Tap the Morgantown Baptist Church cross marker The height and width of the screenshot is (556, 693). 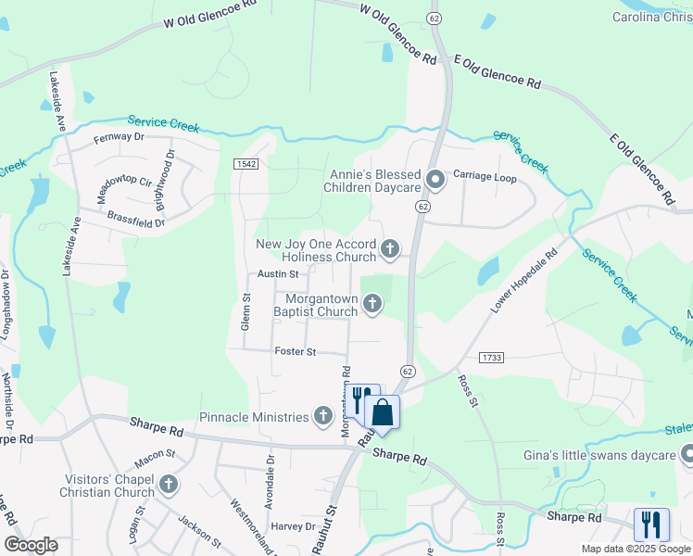click(x=372, y=303)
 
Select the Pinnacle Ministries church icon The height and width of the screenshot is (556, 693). click(x=323, y=414)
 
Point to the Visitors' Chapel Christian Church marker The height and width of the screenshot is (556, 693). click(x=169, y=484)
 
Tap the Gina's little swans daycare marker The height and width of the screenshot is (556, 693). click(x=687, y=454)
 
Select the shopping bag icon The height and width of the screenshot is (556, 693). click(x=382, y=412)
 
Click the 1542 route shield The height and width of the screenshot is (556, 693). click(x=246, y=164)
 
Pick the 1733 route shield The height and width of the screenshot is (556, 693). click(x=491, y=357)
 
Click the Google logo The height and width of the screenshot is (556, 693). click(x=31, y=545)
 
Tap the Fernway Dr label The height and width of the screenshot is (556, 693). click(x=120, y=137)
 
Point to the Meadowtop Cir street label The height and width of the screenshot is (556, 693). click(x=124, y=190)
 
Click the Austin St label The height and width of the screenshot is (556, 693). click(x=278, y=274)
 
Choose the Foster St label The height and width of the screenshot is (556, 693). click(x=296, y=352)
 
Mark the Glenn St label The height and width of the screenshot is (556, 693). click(x=246, y=311)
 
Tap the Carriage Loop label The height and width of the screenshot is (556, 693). click(x=484, y=177)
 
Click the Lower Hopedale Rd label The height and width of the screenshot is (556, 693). click(x=523, y=280)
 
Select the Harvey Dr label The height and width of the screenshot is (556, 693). click(x=294, y=526)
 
